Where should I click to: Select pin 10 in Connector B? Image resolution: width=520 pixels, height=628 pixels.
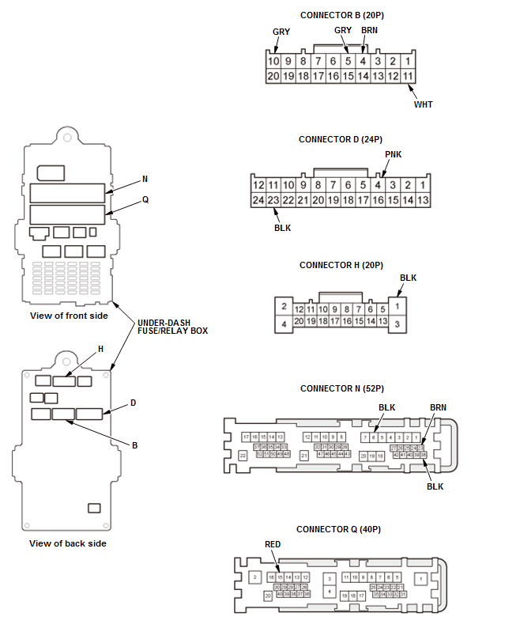click(273, 61)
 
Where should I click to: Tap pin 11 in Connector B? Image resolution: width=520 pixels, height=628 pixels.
click(408, 77)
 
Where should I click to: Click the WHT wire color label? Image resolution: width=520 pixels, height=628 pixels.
click(424, 104)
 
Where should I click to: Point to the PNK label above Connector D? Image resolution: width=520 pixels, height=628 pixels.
click(393, 154)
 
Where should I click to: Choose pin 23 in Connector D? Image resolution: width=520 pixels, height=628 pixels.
click(273, 200)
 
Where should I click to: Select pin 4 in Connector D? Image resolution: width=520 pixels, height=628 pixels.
click(378, 185)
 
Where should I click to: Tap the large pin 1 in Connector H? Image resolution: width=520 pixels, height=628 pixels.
click(400, 305)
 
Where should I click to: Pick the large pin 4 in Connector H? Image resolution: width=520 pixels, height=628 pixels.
click(282, 323)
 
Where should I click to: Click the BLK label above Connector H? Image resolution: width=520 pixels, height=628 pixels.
click(408, 278)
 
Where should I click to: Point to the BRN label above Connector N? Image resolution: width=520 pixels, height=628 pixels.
click(438, 407)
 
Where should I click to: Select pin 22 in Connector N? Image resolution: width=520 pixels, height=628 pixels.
click(243, 456)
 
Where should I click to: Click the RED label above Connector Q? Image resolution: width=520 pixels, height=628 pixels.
click(273, 544)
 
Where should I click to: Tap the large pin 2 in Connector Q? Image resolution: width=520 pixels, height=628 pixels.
click(254, 577)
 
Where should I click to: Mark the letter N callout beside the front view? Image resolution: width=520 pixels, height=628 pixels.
click(145, 179)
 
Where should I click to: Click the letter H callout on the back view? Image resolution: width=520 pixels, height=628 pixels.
click(100, 348)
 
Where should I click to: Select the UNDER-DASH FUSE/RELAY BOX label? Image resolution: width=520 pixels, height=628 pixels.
click(172, 327)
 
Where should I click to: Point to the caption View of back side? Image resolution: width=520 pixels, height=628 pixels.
click(67, 543)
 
